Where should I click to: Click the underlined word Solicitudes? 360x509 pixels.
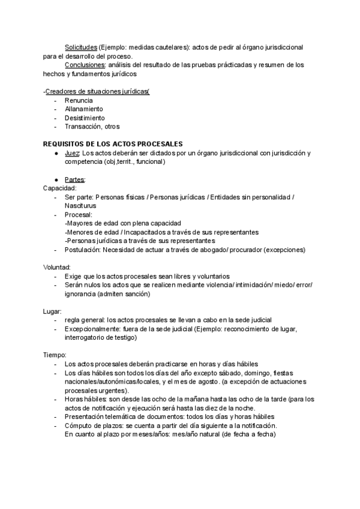tap(80, 47)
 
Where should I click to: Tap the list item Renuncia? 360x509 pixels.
tap(78, 100)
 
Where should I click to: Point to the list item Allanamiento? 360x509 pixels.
tap(84, 109)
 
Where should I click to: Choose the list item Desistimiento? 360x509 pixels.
tap(85, 118)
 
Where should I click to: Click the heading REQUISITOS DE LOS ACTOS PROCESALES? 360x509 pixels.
tap(113, 144)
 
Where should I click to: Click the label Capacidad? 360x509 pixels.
tap(60, 188)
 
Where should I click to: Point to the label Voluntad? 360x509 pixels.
tap(58, 267)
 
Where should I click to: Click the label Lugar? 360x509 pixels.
tap(53, 312)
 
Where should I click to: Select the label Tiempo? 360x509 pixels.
tap(55, 356)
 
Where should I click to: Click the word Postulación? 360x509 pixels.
tap(83, 250)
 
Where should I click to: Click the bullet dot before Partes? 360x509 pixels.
tap(56, 180)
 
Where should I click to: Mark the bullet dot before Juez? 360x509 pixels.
tap(56, 154)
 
